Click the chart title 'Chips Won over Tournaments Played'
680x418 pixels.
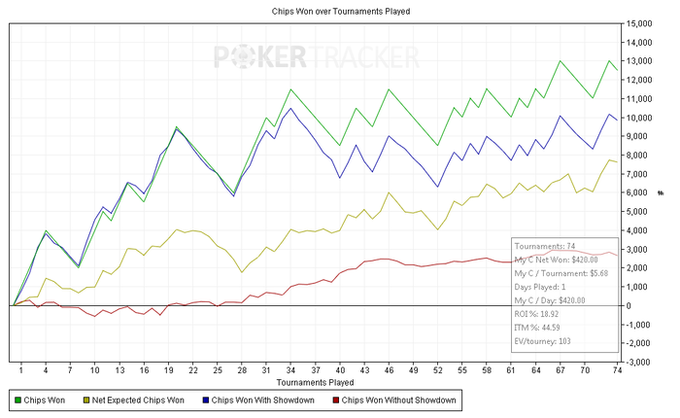pos(340,12)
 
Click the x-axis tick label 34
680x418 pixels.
pos(290,370)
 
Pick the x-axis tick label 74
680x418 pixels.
pos(617,370)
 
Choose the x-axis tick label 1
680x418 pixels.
pos(21,370)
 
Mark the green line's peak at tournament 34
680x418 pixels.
pos(290,89)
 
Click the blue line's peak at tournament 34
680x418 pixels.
pos(290,108)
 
